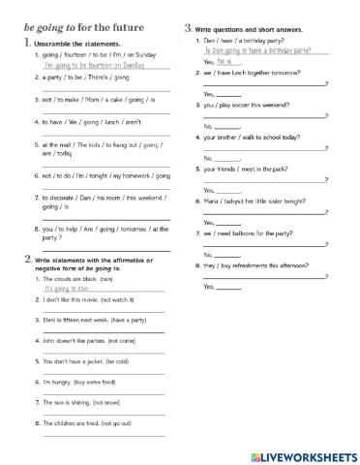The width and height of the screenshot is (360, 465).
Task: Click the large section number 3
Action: [188, 31]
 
